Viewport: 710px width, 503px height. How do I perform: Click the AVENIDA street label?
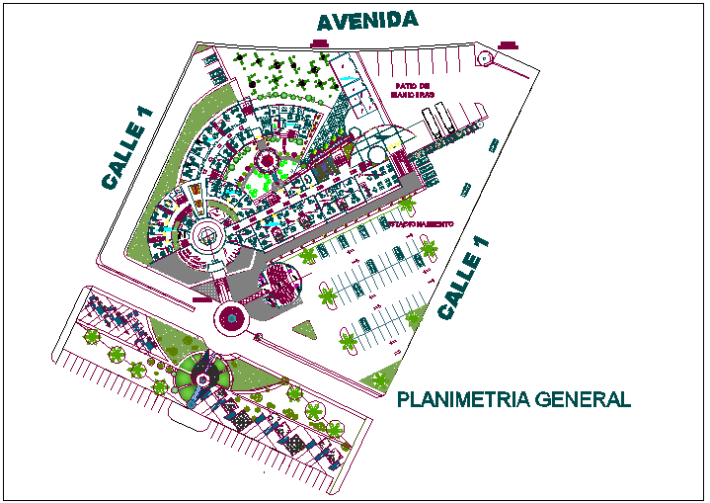[x=366, y=21]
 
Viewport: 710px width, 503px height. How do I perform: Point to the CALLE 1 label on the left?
[x=128, y=147]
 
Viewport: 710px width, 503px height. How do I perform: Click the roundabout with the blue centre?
[x=232, y=318]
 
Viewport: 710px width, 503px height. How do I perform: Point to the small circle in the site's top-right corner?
[x=485, y=58]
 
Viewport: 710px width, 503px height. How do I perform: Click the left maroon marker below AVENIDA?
[x=319, y=43]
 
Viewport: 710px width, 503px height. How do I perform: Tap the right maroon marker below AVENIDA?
[x=509, y=44]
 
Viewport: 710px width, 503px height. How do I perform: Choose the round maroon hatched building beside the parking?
[x=281, y=284]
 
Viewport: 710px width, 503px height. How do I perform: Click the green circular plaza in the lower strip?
[x=202, y=377]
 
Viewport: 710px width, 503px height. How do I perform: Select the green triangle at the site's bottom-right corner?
[x=379, y=377]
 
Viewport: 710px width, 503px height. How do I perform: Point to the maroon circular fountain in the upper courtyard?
[x=266, y=159]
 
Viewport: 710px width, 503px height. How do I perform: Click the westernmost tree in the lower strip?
[x=92, y=337]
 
